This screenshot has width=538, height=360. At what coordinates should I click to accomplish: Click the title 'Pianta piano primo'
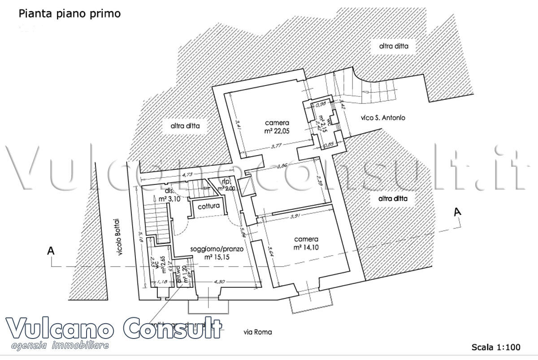click(x=69, y=14)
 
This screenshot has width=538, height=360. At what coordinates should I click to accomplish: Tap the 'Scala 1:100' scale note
click(x=495, y=347)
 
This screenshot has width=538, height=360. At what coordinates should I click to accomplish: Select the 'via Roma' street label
click(x=257, y=333)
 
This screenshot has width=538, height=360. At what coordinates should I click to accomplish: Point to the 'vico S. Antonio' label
click(x=383, y=118)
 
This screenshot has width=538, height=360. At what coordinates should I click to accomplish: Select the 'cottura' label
click(x=209, y=207)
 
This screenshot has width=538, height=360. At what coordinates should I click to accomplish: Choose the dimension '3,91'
click(x=295, y=217)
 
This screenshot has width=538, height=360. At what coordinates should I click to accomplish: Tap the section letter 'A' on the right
click(x=457, y=212)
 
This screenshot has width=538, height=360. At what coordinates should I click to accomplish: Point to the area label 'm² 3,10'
click(x=169, y=199)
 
